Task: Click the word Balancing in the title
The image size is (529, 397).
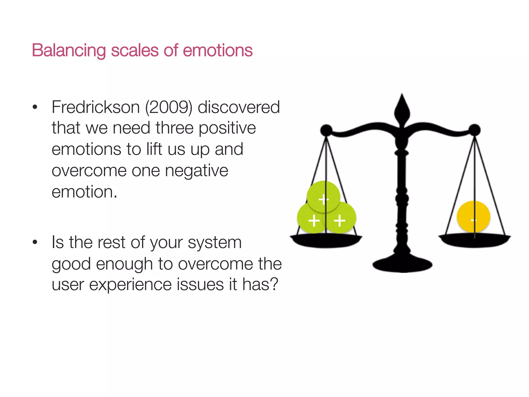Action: coord(69,50)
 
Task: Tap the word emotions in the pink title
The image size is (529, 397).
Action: coord(217,50)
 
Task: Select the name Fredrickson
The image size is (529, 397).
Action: coord(96,107)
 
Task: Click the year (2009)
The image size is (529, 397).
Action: coord(169,107)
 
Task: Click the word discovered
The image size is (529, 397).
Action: coord(239,107)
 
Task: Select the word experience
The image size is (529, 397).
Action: coord(130,285)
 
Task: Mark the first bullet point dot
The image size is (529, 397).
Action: coord(35,107)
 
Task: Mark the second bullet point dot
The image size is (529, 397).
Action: coord(35,242)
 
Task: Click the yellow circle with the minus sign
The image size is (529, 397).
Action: coord(473,217)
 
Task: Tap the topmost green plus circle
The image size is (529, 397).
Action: coord(323,196)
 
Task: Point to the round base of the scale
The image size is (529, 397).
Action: coord(402,265)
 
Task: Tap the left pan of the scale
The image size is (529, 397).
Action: coord(326,241)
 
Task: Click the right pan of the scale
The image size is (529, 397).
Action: coord(474,240)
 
